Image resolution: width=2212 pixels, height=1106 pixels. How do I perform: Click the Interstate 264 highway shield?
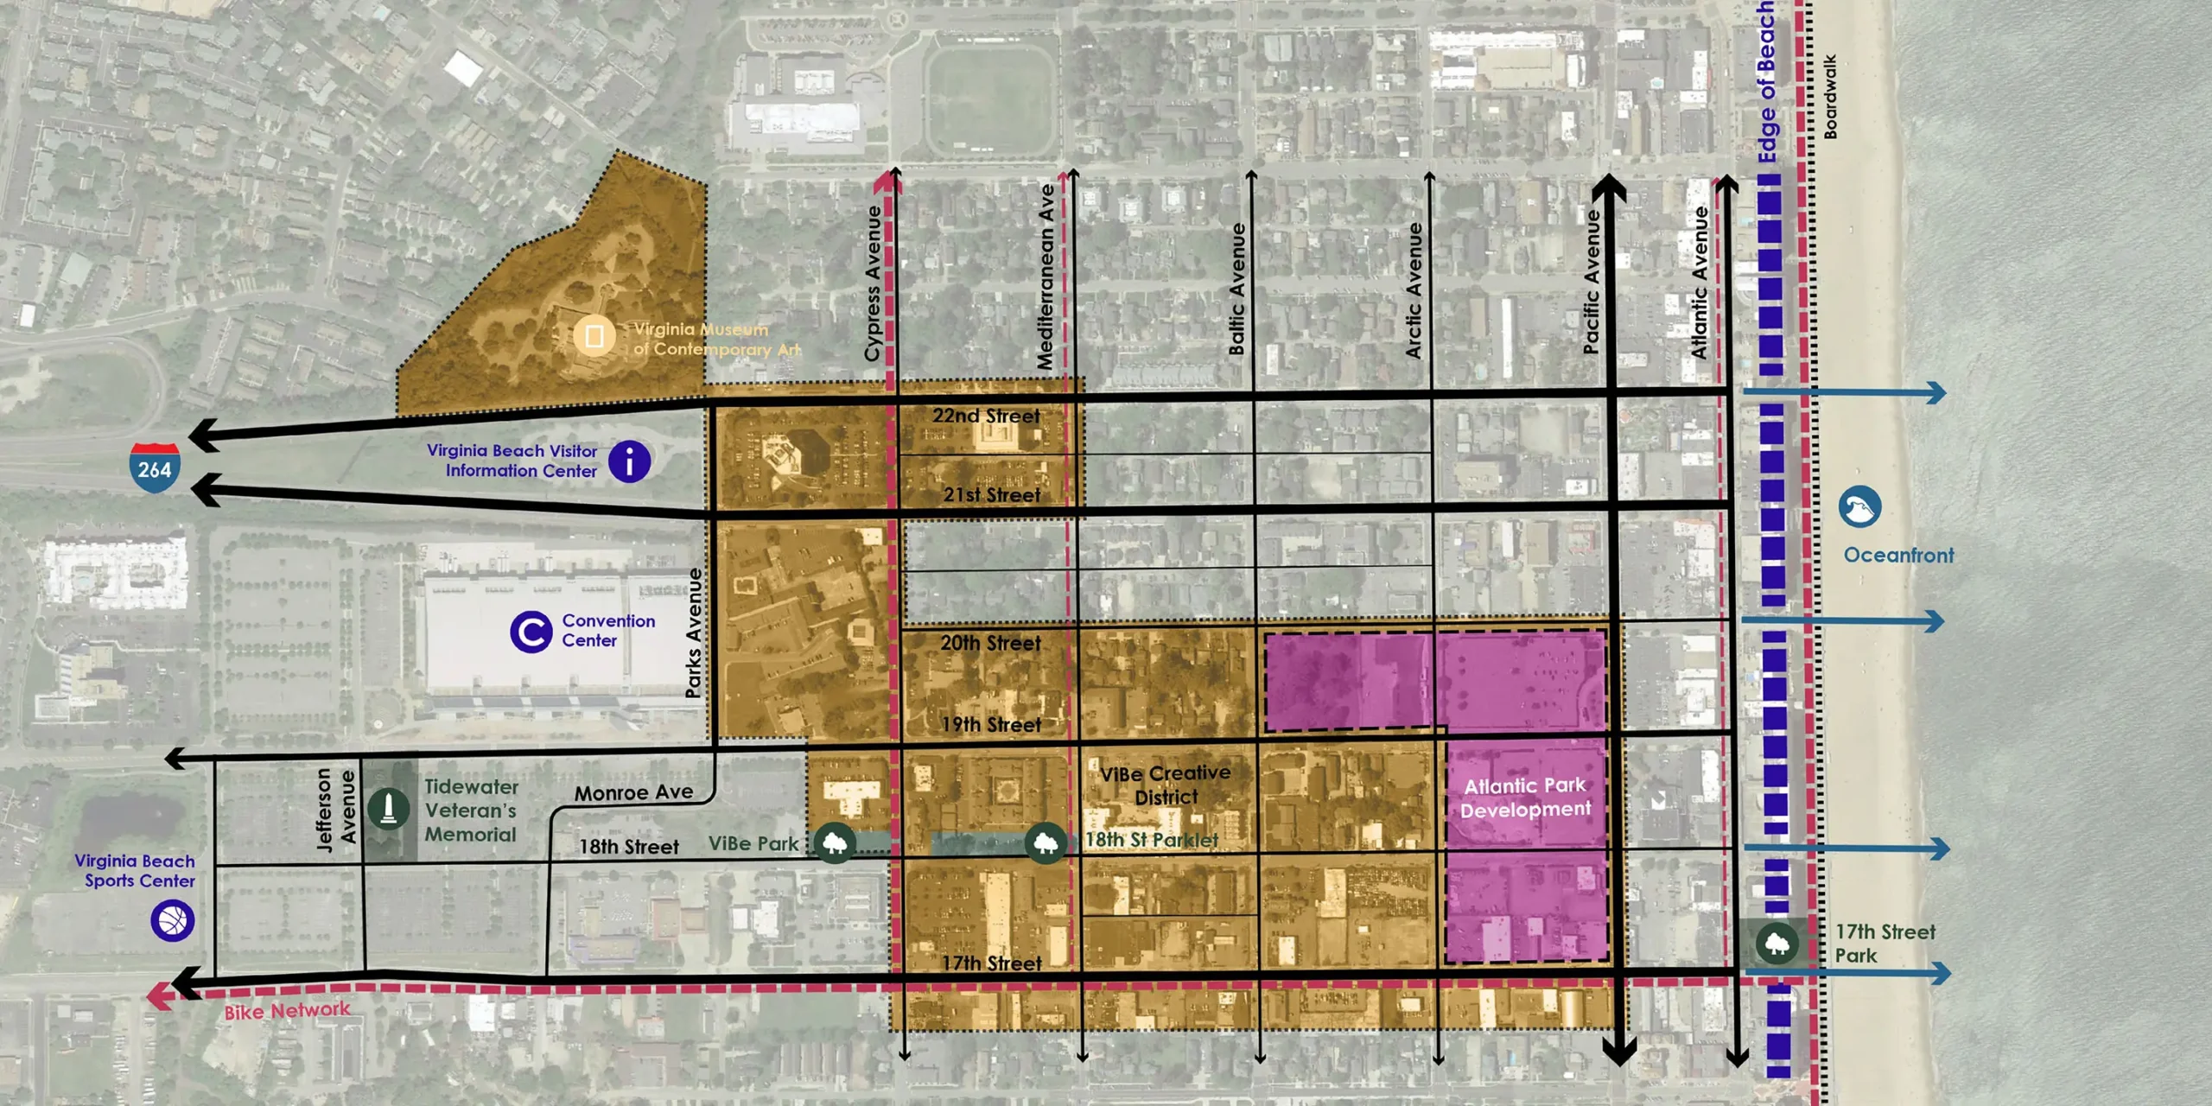point(155,467)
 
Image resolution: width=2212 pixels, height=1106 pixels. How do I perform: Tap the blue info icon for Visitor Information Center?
point(629,461)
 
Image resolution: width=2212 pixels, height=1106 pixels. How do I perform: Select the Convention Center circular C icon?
point(531,632)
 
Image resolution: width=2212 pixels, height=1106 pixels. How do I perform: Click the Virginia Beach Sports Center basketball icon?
point(172,920)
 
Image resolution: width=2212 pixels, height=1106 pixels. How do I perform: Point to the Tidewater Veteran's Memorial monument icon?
point(388,810)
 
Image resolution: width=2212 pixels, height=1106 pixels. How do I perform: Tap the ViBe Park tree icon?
point(835,842)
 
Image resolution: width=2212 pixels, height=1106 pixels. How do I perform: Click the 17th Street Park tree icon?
point(1776,943)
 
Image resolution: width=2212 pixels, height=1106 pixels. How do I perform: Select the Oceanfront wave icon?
point(1859,507)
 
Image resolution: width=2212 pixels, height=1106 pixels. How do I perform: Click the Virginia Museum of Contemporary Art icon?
point(594,336)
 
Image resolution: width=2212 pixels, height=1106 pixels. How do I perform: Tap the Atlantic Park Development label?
point(1525,798)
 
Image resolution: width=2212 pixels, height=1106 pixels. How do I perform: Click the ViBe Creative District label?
point(1166,785)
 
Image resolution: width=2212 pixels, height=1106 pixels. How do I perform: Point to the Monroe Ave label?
point(633,792)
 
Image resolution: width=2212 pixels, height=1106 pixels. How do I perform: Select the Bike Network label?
point(287,1010)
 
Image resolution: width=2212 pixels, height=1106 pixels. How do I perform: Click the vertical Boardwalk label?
point(1830,97)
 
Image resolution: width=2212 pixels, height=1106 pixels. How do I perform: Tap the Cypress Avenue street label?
point(873,283)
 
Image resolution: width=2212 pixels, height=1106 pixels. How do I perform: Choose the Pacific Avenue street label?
point(1592,282)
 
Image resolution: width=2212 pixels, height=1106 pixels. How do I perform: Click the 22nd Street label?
point(986,416)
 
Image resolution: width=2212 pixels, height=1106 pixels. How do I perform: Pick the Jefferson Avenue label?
point(335,810)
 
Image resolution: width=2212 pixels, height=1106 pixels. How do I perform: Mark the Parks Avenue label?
point(693,632)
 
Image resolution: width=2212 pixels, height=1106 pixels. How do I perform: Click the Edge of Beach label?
point(1767,82)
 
